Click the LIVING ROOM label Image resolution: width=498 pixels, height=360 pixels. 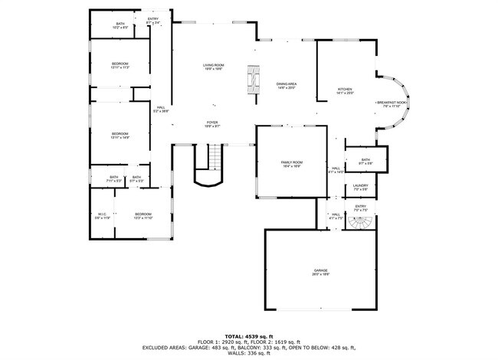point(213,67)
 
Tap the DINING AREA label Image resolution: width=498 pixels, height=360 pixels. point(286,86)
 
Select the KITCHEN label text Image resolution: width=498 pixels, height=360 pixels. point(346,91)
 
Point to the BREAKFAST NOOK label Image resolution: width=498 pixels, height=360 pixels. point(391,103)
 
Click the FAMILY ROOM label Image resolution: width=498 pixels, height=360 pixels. point(292,164)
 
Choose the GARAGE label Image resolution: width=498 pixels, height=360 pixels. point(319,272)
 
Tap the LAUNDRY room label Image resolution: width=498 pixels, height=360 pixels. point(360,186)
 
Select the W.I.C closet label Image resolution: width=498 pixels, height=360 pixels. point(102,215)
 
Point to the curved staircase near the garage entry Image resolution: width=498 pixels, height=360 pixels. point(359,223)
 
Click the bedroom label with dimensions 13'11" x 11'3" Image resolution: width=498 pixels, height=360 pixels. point(120,65)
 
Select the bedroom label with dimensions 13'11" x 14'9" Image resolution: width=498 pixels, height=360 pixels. point(120,136)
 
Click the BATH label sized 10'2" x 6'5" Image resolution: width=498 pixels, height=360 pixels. point(120,25)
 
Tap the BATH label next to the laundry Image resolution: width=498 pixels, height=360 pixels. point(365,161)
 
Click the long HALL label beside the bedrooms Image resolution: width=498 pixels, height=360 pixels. point(161,109)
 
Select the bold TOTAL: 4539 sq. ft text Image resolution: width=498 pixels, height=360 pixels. point(248,335)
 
